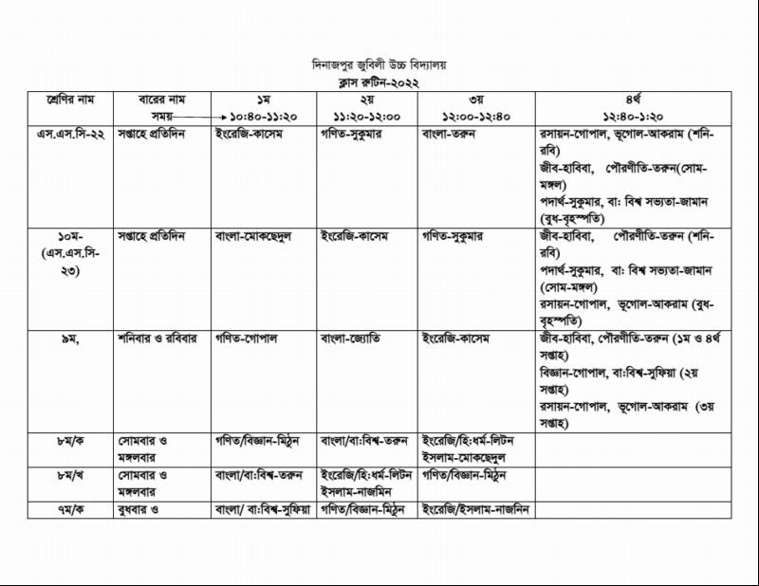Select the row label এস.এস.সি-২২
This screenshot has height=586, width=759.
(x=73, y=134)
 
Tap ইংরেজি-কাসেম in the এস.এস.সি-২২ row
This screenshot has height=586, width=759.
(x=251, y=134)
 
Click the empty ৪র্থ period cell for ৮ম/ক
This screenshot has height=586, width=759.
(x=630, y=449)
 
